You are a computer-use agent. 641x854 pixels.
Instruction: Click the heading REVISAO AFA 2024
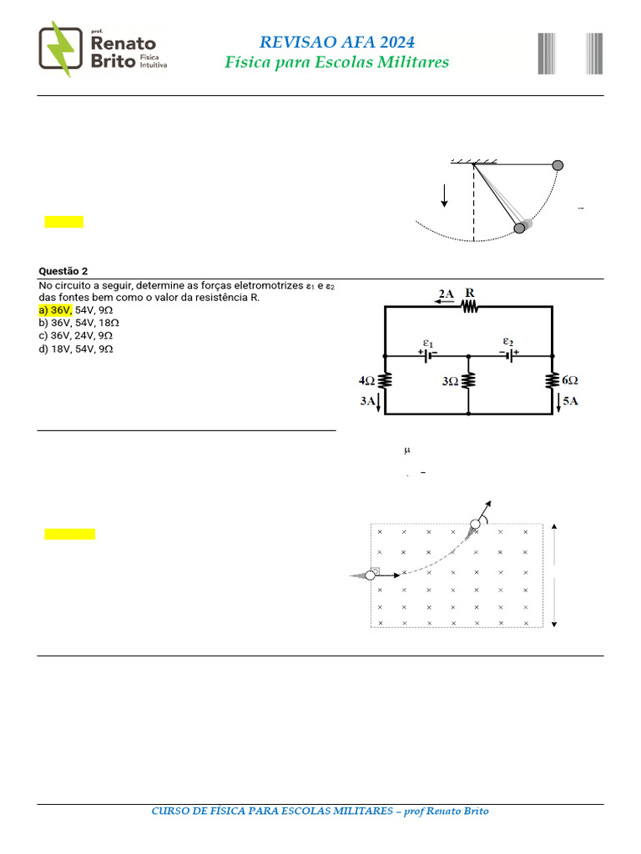pos(336,43)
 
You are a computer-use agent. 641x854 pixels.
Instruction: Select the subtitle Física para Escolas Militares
pos(336,63)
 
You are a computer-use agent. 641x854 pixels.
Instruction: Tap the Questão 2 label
pos(63,271)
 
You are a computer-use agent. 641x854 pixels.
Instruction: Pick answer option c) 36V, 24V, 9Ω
pos(78,336)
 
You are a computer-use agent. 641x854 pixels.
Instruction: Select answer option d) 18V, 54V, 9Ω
pos(78,349)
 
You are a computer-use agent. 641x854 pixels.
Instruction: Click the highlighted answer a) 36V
pos(56,309)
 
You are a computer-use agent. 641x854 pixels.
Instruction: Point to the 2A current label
pos(447,294)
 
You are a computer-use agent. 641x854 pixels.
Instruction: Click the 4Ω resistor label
pos(367,380)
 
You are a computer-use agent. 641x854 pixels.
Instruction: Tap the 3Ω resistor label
pos(450,381)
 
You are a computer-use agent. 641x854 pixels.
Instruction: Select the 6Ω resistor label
pos(571,380)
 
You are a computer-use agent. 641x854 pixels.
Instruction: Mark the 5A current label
pos(571,401)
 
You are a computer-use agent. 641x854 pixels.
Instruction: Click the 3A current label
pos(367,401)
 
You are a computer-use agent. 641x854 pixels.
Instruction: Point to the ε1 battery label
pos(427,343)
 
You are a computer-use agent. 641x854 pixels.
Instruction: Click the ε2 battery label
pos(507,341)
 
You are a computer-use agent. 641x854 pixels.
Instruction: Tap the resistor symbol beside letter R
pos(469,307)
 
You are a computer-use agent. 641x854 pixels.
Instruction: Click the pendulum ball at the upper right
pos(558,165)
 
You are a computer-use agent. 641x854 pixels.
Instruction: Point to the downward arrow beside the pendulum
pos(444,195)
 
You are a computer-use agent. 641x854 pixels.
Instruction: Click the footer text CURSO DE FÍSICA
pos(320,811)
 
